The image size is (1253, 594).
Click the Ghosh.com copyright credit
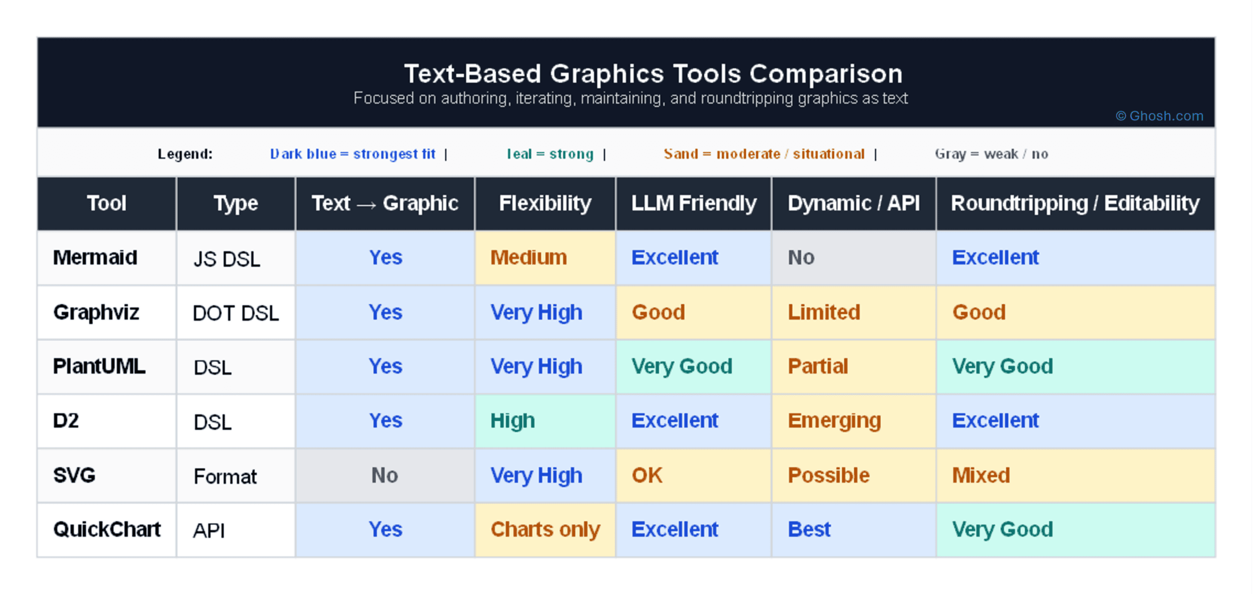pos(1159,116)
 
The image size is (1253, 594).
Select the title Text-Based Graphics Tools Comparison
pos(653,74)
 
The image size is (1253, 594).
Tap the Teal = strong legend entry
pos(550,154)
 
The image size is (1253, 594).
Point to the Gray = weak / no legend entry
pos(991,154)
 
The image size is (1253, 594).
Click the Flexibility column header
pos(545,203)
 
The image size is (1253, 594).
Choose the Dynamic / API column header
pos(853,203)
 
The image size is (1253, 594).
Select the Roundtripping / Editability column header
pos(1075,203)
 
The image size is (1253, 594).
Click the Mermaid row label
pos(95,257)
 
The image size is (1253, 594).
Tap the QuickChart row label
pos(106,530)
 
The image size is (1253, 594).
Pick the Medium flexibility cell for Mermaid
pos(528,257)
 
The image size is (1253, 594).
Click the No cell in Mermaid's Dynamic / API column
pos(801,257)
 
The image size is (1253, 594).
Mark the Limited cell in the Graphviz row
pos(824,312)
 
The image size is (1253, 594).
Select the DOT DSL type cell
pos(236,313)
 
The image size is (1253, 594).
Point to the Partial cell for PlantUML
pos(818,366)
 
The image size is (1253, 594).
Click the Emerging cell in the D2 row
pos(834,421)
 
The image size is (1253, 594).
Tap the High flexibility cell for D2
pos(513,421)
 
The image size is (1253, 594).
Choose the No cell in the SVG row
pos(384,475)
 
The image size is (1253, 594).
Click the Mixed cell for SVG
pos(981,475)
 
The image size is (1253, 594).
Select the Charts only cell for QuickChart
pos(545,530)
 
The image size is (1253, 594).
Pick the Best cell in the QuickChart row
pos(809,530)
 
